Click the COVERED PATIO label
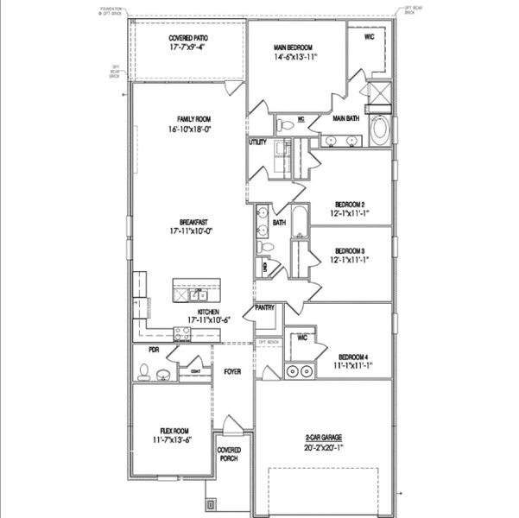(x=187, y=38)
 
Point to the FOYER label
(x=232, y=372)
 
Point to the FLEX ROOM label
(x=172, y=431)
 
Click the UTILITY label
(x=257, y=142)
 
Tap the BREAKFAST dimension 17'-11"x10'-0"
(x=191, y=231)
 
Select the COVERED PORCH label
(x=229, y=454)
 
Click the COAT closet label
(x=196, y=372)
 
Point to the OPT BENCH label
(x=269, y=342)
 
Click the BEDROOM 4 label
(x=353, y=357)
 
